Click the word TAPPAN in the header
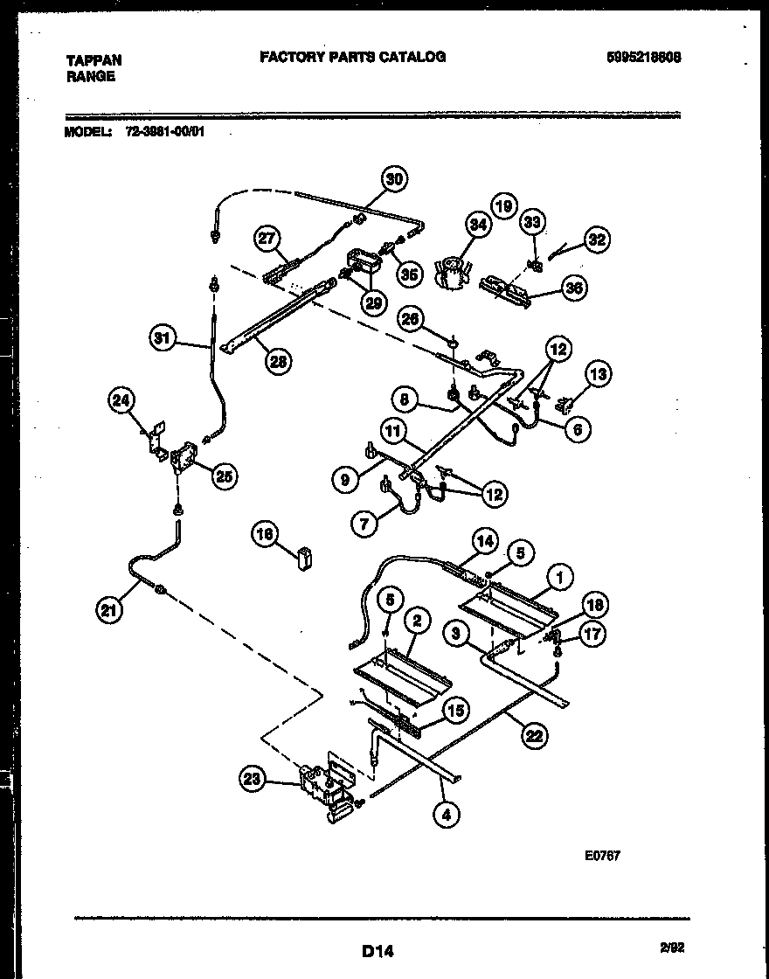tap(94, 60)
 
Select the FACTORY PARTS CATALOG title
tap(352, 57)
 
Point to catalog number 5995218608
tap(644, 57)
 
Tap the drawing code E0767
tap(602, 857)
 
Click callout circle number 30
tap(395, 179)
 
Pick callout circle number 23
tap(253, 780)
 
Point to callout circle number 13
tap(598, 375)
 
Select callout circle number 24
tap(122, 402)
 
